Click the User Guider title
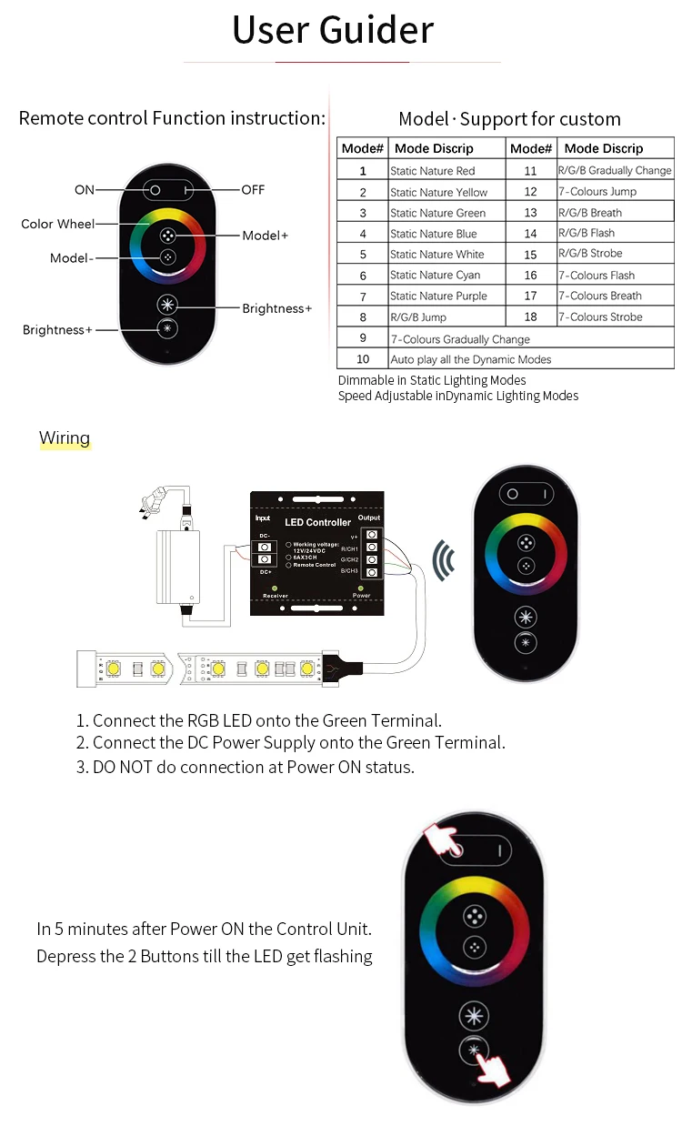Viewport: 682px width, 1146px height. tap(333, 30)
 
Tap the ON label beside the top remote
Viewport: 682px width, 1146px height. tap(84, 190)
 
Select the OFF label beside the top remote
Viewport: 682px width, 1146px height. tap(253, 190)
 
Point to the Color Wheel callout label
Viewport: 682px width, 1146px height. tap(57, 224)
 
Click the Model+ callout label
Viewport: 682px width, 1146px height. tap(265, 236)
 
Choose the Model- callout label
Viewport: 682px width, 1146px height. tap(71, 258)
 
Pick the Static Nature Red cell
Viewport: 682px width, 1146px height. tap(432, 171)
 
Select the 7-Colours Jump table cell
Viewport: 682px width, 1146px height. tap(597, 192)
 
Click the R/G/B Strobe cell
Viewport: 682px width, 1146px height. tap(590, 254)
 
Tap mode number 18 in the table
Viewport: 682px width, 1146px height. tap(530, 317)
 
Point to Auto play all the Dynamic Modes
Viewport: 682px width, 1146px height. tap(471, 360)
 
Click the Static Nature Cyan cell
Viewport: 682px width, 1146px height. tap(435, 276)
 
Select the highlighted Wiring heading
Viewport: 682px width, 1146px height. tap(65, 438)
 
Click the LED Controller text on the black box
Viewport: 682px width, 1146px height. tap(317, 522)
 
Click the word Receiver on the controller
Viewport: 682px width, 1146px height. tap(276, 596)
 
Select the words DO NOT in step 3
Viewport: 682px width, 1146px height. tap(123, 767)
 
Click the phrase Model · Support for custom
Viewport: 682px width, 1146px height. tap(509, 119)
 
